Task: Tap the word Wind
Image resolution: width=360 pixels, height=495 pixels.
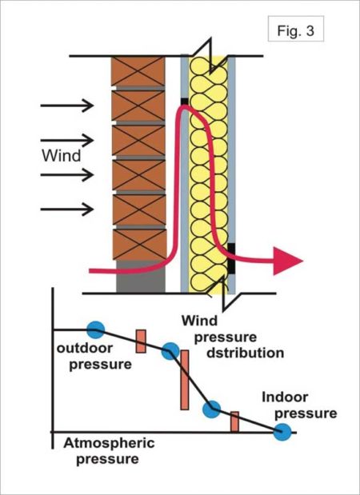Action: click(x=61, y=156)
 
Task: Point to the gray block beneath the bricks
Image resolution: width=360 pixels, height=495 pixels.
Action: click(x=140, y=281)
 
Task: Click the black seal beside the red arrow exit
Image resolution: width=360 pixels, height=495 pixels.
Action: click(x=231, y=255)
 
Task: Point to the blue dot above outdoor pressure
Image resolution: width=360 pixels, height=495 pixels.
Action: click(x=95, y=328)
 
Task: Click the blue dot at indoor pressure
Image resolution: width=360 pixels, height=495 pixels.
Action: click(x=282, y=431)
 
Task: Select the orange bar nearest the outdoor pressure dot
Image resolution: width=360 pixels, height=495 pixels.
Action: click(x=140, y=340)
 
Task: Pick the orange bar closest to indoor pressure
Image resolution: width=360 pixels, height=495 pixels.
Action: click(x=235, y=421)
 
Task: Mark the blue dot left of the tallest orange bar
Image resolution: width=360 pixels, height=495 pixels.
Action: click(x=170, y=350)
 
